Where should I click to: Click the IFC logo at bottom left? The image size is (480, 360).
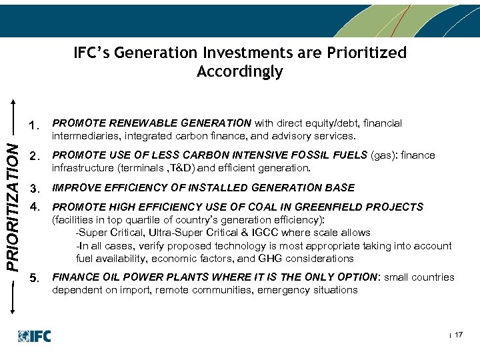pyautogui.click(x=34, y=336)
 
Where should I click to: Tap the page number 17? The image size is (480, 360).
pyautogui.click(x=458, y=335)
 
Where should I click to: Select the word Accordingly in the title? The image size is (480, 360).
pyautogui.click(x=240, y=71)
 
